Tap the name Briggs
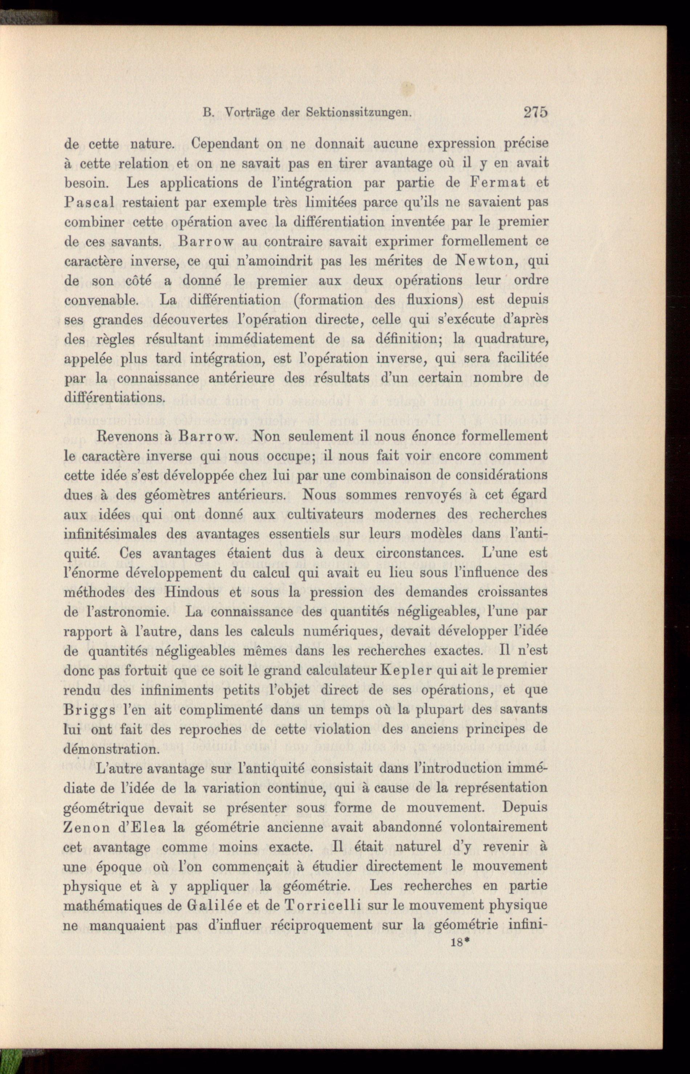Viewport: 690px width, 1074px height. (x=88, y=710)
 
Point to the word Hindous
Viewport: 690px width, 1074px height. (x=191, y=593)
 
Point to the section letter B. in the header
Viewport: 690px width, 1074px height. (x=207, y=113)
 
